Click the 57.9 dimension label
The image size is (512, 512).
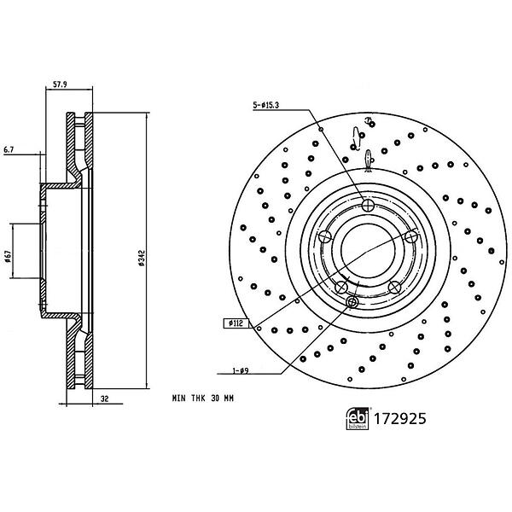click(60, 84)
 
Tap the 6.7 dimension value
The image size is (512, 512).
click(9, 150)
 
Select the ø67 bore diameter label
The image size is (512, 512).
click(9, 256)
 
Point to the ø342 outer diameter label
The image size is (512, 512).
click(142, 258)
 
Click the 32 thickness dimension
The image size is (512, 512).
click(104, 399)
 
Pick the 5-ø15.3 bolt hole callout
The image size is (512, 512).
click(266, 105)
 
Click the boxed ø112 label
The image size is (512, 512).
click(236, 323)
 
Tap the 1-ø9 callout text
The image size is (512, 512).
click(241, 370)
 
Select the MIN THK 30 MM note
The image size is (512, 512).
click(203, 399)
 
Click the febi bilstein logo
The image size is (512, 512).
click(358, 419)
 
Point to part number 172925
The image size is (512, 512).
click(400, 419)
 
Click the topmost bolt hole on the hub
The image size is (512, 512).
click(368, 205)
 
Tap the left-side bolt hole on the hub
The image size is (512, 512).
click(325, 236)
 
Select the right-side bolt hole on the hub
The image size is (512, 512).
click(410, 236)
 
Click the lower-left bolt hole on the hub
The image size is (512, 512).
click(341, 287)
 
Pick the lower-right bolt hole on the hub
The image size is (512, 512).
click(394, 287)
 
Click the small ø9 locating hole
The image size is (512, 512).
click(352, 302)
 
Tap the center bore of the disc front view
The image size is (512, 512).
click(368, 250)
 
